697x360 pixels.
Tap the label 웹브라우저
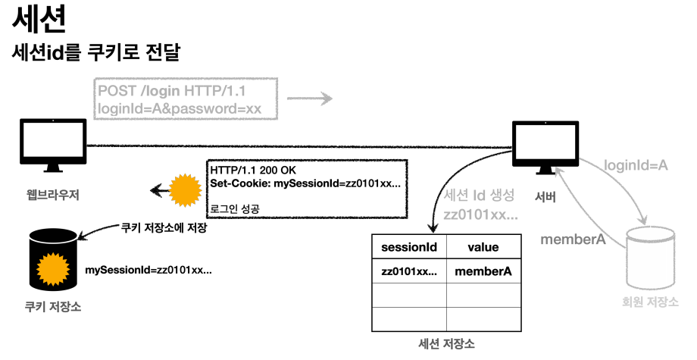click(x=52, y=196)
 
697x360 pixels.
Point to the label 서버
click(x=545, y=199)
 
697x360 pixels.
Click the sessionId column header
click(x=409, y=247)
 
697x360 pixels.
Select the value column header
click(x=483, y=247)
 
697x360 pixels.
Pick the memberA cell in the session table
click(x=483, y=271)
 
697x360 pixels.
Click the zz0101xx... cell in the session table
click(x=409, y=271)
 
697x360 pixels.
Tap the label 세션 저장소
click(x=446, y=344)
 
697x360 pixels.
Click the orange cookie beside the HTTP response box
click(x=184, y=189)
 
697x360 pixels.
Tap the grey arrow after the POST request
click(x=310, y=99)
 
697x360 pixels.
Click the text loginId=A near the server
click(x=635, y=165)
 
